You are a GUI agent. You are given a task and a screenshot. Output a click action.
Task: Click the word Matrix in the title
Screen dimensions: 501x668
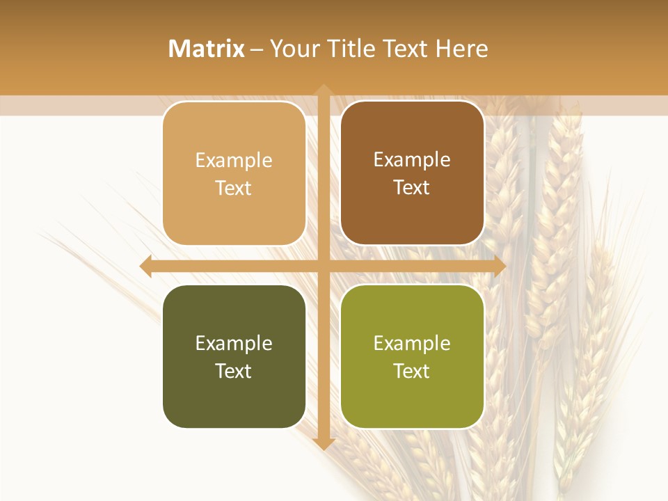(207, 49)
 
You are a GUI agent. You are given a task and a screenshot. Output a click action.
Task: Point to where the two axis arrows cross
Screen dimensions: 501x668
(324, 267)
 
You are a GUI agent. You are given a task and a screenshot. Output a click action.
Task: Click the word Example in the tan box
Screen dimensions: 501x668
(234, 161)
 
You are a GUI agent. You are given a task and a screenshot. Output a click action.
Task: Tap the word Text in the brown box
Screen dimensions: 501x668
(412, 188)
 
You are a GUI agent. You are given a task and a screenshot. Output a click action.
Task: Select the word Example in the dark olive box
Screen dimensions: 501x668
(234, 344)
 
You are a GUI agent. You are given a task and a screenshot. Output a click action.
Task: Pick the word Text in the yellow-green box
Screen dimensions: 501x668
(412, 371)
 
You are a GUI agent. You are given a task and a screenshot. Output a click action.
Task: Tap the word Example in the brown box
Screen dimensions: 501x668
(412, 160)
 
